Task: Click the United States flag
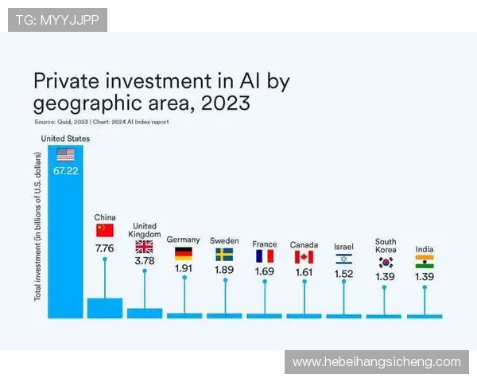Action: pyautogui.click(x=65, y=154)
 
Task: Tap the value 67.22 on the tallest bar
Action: pyautogui.click(x=65, y=170)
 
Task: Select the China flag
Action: pyautogui.click(x=105, y=230)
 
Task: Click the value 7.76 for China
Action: pyautogui.click(x=105, y=248)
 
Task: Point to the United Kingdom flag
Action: pyautogui.click(x=145, y=247)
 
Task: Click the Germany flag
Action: pyautogui.click(x=184, y=254)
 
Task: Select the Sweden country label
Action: pyautogui.click(x=224, y=240)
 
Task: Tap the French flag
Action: pyautogui.click(x=264, y=256)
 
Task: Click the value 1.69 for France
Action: pyautogui.click(x=264, y=271)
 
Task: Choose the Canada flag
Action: pyautogui.click(x=304, y=256)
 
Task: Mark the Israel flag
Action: pyautogui.click(x=343, y=259)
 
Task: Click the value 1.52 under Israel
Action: pyautogui.click(x=343, y=274)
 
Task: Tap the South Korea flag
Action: pyautogui.click(x=386, y=262)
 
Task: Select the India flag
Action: pyautogui.click(x=425, y=261)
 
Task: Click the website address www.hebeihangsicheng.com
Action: pyautogui.click(x=376, y=362)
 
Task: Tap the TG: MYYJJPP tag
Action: pyautogui.click(x=57, y=19)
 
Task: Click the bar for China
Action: pyautogui.click(x=105, y=308)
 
